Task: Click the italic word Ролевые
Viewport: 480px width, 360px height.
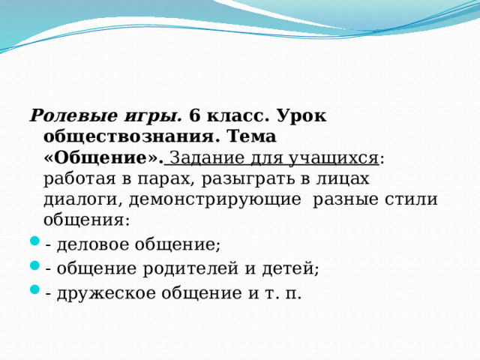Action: pyautogui.click(x=73, y=115)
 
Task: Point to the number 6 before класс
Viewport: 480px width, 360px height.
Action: pyautogui.click(x=194, y=115)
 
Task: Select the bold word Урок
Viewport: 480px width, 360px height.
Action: pyautogui.click(x=301, y=117)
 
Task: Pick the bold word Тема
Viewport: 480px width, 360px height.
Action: pyautogui.click(x=252, y=136)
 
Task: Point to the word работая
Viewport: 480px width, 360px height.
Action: pyautogui.click(x=79, y=178)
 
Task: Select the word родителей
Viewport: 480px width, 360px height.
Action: pyautogui.click(x=190, y=268)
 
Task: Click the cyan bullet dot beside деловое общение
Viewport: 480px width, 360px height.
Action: pyautogui.click(x=35, y=241)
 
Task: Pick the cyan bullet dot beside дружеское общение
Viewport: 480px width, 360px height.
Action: pyautogui.click(x=35, y=289)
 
